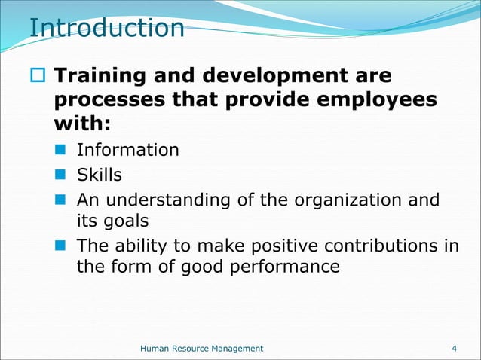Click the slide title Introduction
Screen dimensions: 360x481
tap(106, 28)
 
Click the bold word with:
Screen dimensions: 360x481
tap(82, 124)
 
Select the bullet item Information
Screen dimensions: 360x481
tap(128, 150)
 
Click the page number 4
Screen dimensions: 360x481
tap(454, 348)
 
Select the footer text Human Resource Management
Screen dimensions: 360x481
tap(202, 348)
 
